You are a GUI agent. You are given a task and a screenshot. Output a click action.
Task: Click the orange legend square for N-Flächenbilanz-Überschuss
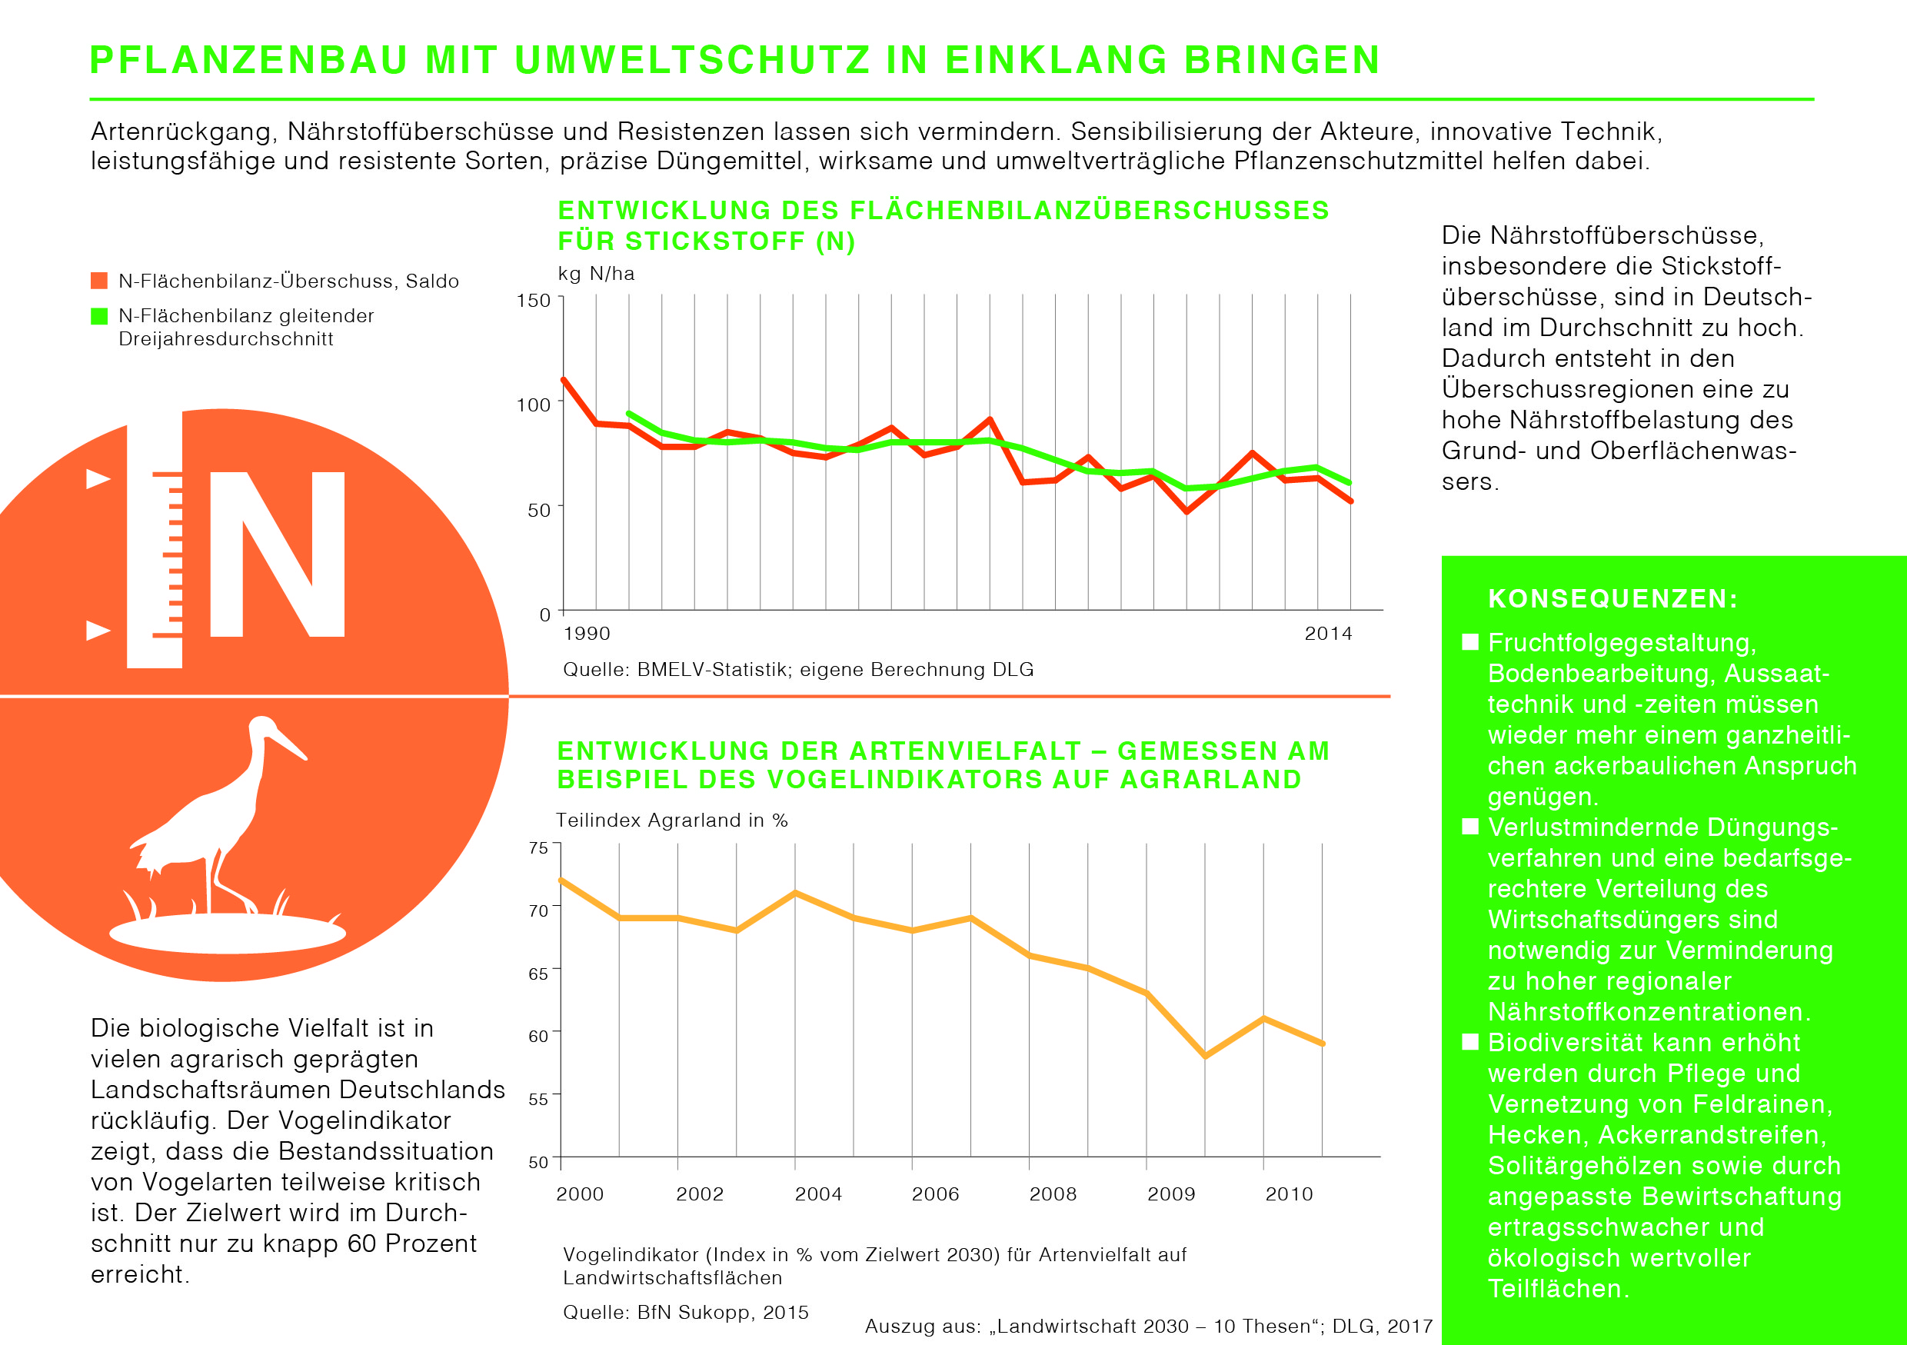pos(99,280)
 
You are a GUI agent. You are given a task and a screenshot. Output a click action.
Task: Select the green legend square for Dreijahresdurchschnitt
pos(99,316)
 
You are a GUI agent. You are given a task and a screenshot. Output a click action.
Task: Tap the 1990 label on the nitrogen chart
pos(587,634)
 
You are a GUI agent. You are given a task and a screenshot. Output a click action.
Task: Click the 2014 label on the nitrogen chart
pos(1328,634)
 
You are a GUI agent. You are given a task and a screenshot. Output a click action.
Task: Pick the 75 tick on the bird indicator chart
pos(538,848)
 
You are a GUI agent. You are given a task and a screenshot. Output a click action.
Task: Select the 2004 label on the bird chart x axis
pos(818,1194)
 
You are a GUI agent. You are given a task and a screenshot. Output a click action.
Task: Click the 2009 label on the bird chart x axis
pos(1171,1194)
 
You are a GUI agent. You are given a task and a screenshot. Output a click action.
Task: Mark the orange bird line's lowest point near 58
pos(1205,1057)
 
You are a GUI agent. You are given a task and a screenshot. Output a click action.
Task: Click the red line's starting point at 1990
pos(564,381)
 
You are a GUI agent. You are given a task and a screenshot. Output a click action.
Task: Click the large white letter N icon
pos(277,554)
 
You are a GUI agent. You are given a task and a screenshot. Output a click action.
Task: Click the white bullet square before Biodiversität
pos(1470,1042)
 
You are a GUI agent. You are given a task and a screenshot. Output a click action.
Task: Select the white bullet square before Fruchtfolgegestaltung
pos(1470,642)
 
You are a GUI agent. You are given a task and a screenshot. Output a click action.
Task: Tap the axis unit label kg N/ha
pos(595,274)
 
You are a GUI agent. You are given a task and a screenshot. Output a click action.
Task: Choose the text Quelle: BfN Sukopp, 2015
pos(685,1313)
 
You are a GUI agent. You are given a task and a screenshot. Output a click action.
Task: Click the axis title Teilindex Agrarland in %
pos(671,821)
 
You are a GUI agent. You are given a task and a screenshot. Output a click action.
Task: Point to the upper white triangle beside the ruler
pos(98,478)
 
